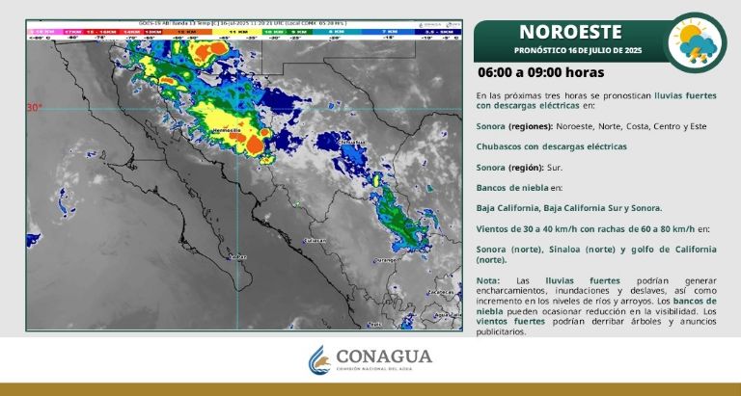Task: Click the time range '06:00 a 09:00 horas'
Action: (x=540, y=72)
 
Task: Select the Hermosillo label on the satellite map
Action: (x=224, y=128)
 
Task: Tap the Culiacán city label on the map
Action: (x=315, y=239)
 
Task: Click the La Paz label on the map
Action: (x=234, y=257)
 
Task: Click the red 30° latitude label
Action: (x=34, y=107)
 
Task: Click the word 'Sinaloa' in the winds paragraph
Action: (x=576, y=249)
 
